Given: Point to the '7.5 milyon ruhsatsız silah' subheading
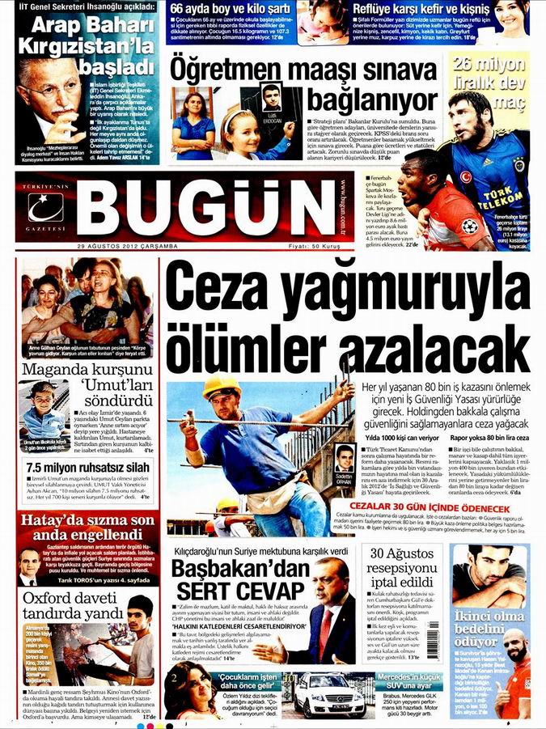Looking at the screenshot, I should click(x=89, y=468).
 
